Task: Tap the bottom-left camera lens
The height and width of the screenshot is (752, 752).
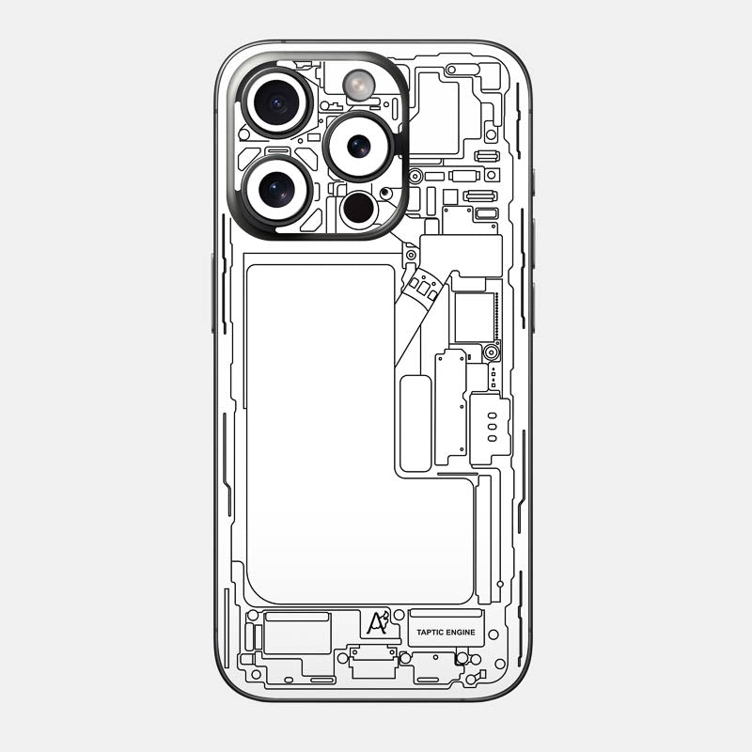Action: pyautogui.click(x=276, y=190)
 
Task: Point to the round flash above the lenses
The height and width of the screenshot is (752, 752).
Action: pyautogui.click(x=358, y=84)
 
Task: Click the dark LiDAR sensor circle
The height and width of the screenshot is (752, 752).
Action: pyautogui.click(x=359, y=209)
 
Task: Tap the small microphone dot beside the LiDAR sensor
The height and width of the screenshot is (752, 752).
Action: pyautogui.click(x=385, y=193)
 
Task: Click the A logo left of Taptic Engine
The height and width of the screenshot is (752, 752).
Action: pyautogui.click(x=377, y=624)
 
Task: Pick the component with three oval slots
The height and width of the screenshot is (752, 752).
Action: pyautogui.click(x=489, y=428)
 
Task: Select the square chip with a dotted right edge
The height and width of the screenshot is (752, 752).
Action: pyautogui.click(x=475, y=318)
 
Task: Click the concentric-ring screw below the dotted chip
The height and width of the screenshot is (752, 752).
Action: pyautogui.click(x=491, y=353)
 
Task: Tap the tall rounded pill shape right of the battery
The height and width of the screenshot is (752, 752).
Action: pyautogui.click(x=415, y=423)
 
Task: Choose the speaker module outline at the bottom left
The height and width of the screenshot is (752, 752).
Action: pyautogui.click(x=297, y=634)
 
